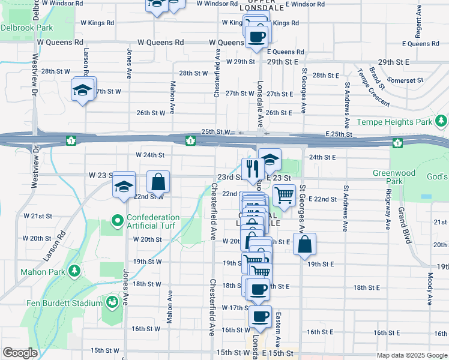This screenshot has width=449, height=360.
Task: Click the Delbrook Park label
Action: [x=26, y=28]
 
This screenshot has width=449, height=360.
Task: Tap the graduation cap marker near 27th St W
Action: [x=81, y=91]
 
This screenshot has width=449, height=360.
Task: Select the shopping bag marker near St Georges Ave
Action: [x=304, y=244]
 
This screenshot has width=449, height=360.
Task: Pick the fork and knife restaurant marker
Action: [x=251, y=169]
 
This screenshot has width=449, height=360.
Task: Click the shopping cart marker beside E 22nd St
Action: [x=283, y=195]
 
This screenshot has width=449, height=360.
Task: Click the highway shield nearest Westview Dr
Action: [x=71, y=140]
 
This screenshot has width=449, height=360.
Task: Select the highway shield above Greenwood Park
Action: [x=397, y=142]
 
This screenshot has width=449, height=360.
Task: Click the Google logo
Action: [x=20, y=352]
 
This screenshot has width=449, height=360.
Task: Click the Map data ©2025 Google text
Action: [x=411, y=355]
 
